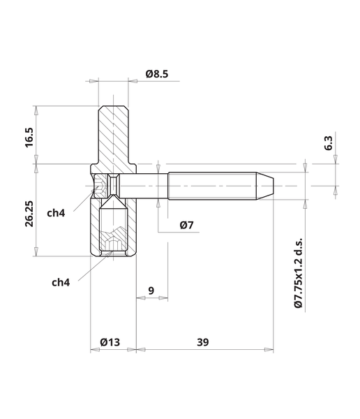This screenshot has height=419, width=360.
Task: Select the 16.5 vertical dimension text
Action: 29,136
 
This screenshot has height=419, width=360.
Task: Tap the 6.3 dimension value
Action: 329,144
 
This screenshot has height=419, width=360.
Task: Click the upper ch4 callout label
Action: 57,212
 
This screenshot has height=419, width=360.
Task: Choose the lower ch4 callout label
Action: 61,282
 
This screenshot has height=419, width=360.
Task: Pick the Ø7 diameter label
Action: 186,225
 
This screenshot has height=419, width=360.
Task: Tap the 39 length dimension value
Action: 203,341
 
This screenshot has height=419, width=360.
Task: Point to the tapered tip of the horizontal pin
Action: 267,185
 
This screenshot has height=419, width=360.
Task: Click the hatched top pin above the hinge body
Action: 113,136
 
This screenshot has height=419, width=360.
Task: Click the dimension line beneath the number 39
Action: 204,350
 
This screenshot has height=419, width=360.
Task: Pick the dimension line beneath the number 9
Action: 151,298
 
